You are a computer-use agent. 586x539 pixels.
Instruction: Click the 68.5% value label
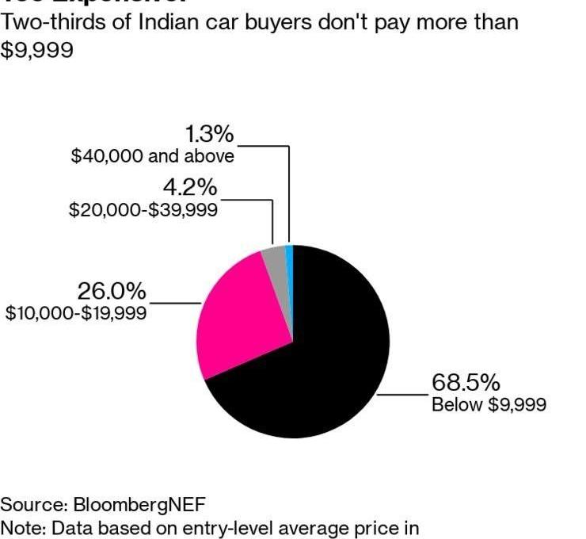coord(465,383)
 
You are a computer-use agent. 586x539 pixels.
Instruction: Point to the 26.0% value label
coord(111,292)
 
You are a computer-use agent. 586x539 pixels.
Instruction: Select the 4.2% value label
coord(189,189)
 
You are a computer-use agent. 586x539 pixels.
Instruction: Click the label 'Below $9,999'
coord(488,405)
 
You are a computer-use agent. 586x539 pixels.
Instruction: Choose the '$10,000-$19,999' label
coord(76,314)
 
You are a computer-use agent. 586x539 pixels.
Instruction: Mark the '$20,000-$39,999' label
coord(143,210)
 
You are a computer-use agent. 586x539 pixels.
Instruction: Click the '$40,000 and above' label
coord(153,156)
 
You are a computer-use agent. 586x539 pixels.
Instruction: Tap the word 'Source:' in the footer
coord(34,505)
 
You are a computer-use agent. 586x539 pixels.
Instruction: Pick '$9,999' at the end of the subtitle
coord(37,50)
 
